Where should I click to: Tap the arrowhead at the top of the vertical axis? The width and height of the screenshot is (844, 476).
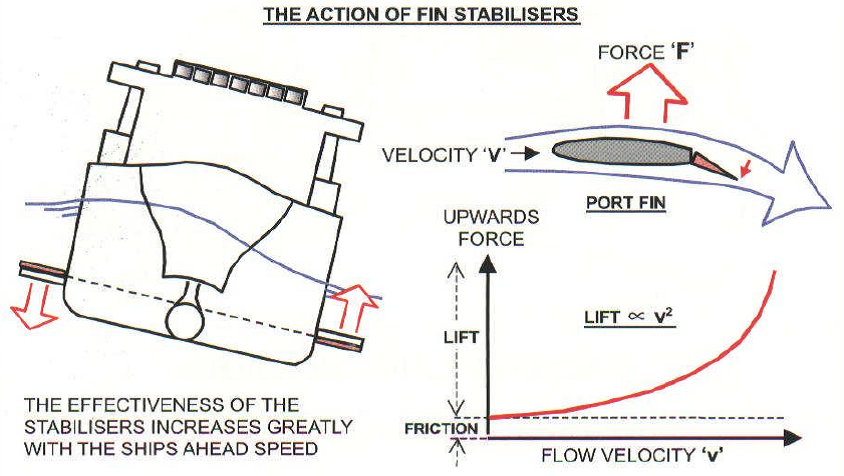click(x=488, y=267)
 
